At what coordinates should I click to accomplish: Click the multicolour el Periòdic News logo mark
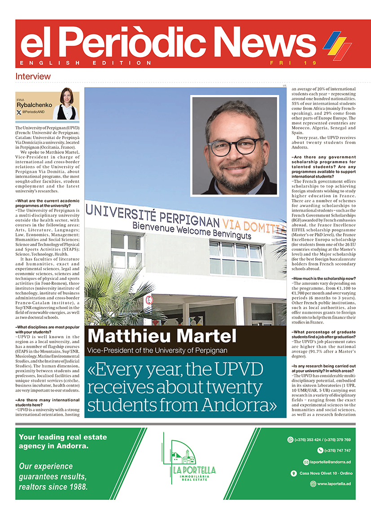(x=338, y=46)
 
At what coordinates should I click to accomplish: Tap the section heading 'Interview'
(x=33, y=76)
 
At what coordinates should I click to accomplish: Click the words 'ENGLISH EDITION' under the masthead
(x=86, y=63)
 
